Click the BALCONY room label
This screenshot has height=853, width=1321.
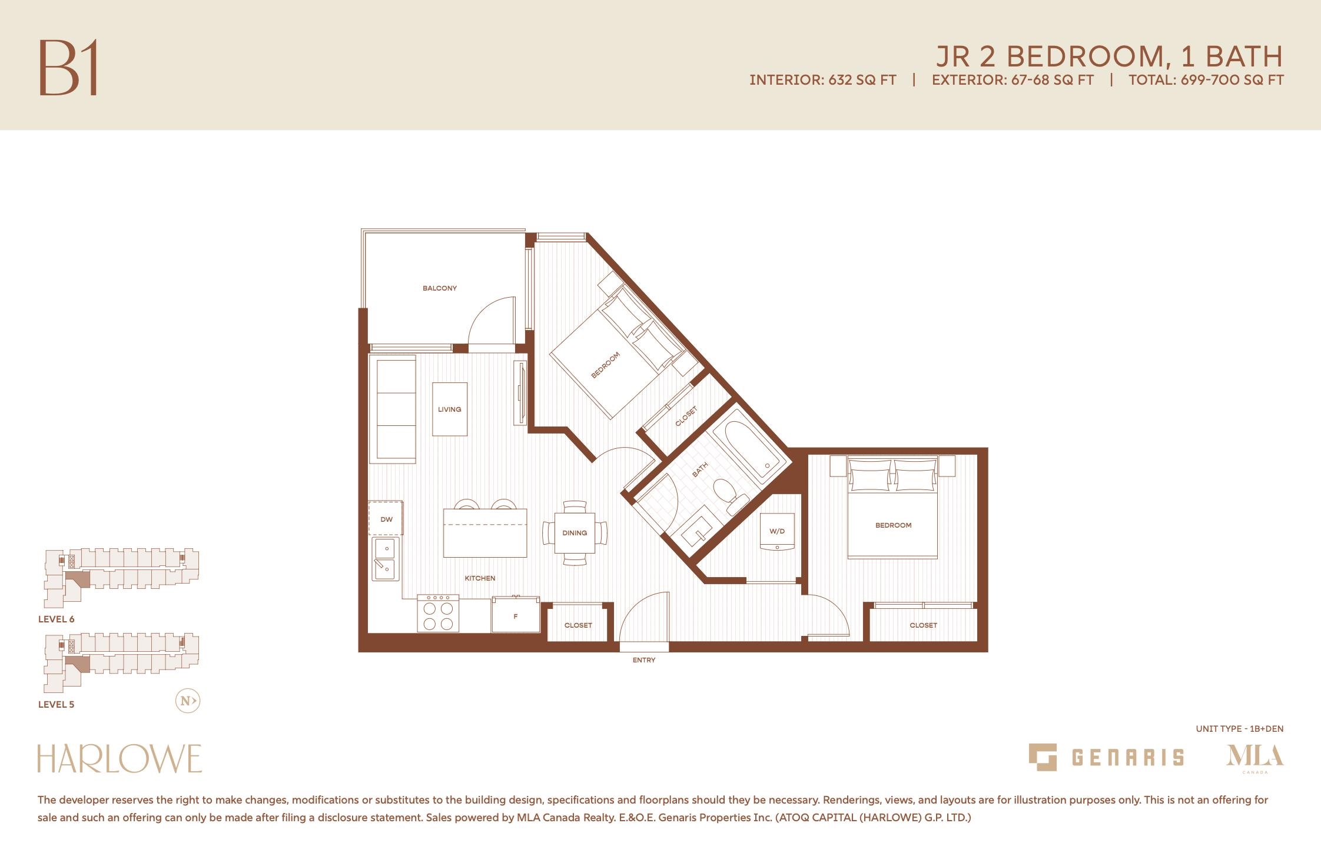439,288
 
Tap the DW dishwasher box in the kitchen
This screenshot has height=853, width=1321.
386,518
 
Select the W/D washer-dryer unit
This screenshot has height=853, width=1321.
777,532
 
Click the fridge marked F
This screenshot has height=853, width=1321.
516,615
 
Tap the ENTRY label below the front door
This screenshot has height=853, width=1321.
644,660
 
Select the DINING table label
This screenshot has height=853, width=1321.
575,533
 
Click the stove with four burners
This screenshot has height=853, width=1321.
438,614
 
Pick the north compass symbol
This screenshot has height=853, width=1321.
188,701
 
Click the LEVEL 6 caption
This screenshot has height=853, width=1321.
57,619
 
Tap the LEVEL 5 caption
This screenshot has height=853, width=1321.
57,704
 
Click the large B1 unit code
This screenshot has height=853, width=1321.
68,67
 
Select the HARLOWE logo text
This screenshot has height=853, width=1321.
120,759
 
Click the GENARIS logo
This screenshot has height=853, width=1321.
1106,757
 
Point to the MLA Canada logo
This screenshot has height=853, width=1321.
1255,758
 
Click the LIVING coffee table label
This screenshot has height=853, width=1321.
450,409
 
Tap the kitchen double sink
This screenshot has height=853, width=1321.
386,558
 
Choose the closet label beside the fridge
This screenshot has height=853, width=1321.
578,625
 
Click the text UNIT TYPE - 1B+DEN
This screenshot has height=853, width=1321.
1240,729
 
